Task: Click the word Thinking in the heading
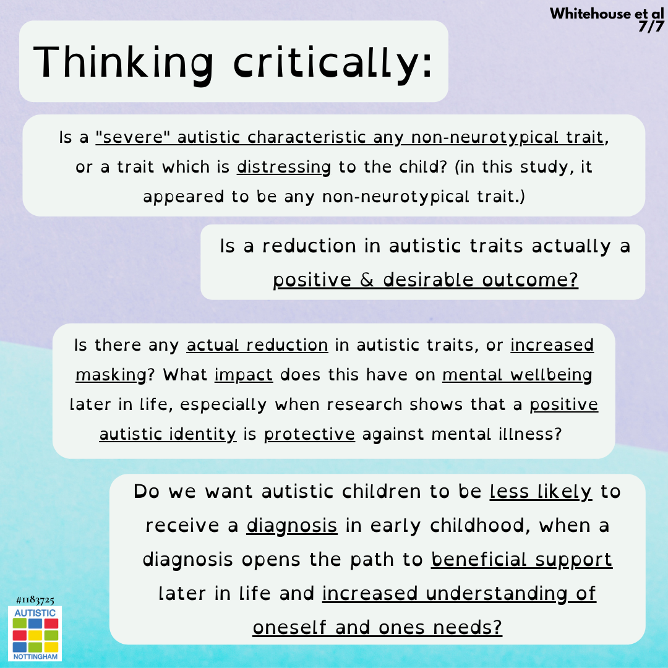tap(123, 63)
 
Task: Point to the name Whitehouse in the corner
tap(589, 14)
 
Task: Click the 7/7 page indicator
tap(651, 27)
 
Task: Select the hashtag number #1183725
tap(35, 600)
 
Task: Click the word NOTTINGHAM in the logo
tap(35, 656)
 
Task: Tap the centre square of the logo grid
tap(35, 635)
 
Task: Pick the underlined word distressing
tap(284, 168)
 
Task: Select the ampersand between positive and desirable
tap(367, 280)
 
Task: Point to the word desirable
tap(428, 280)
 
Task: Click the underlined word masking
tap(111, 375)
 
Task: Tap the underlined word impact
tap(243, 375)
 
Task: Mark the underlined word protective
tap(309, 435)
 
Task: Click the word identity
tap(202, 435)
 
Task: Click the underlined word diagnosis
tap(292, 526)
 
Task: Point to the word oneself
tap(289, 628)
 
